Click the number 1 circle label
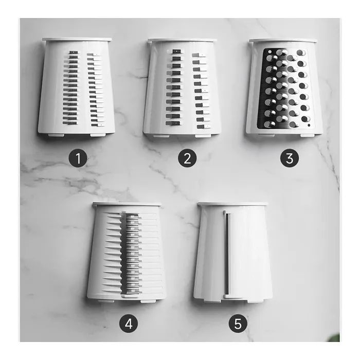(78, 158)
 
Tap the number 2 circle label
(187, 158)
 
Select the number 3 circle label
(290, 158)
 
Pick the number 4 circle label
(129, 323)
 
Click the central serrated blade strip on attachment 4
(132, 252)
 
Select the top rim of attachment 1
(77, 39)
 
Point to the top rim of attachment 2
(182, 40)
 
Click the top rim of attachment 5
(232, 204)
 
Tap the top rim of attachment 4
(127, 204)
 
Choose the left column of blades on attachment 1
(73, 87)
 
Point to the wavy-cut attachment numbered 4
(126, 252)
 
